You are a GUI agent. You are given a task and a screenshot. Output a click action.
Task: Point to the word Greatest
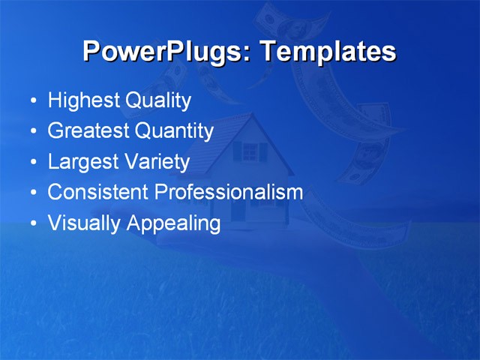[x=88, y=131]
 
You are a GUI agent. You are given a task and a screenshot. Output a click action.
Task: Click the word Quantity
[x=174, y=131]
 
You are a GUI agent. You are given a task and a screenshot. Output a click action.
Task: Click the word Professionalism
[x=229, y=192]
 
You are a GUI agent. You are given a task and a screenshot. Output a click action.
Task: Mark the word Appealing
[x=173, y=223]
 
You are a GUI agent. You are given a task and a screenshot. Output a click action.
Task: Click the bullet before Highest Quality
[x=33, y=101]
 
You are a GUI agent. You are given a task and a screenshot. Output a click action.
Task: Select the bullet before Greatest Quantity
[x=33, y=132]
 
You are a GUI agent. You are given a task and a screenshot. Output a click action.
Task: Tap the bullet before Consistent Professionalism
[x=33, y=193]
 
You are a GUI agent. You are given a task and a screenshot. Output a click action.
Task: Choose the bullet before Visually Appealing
[x=33, y=223]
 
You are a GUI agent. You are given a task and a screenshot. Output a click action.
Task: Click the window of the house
[x=250, y=152]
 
